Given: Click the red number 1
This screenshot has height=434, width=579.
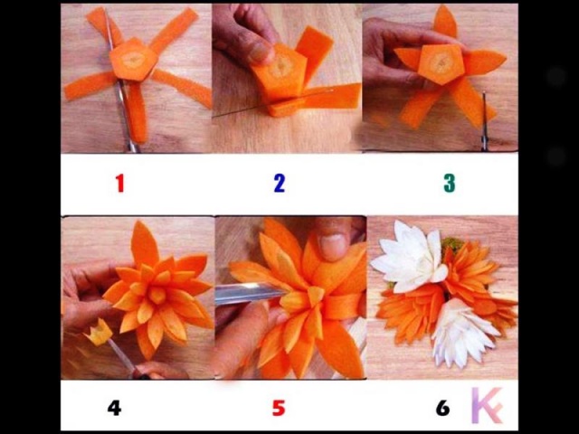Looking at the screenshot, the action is (119, 183).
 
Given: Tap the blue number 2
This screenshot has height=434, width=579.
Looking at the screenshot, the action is (280, 183).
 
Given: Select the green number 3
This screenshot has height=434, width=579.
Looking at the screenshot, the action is (450, 183).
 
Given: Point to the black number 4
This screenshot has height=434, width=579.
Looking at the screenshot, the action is (114, 408).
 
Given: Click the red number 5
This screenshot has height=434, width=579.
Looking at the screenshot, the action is (279, 408).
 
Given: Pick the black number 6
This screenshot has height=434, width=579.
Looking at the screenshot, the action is (442, 408).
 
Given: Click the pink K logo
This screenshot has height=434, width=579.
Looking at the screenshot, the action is (488, 405).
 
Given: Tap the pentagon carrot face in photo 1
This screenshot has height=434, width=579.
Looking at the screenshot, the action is (133, 60).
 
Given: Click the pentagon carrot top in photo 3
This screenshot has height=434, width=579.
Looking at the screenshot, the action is (441, 64).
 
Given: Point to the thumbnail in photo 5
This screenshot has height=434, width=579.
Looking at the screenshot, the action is (332, 247).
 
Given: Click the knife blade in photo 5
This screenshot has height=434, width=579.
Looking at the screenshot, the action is (251, 293).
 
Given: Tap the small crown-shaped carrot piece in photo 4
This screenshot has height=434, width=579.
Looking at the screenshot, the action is (99, 333).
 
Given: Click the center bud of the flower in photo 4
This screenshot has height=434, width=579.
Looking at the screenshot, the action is (157, 295).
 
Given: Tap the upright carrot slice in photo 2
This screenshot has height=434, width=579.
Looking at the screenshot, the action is (315, 54).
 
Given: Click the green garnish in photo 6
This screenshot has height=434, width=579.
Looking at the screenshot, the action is (452, 244).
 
